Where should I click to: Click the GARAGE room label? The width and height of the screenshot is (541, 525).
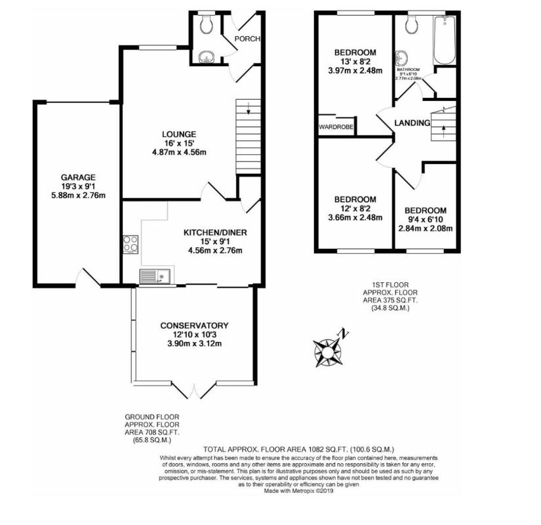click(x=79, y=177)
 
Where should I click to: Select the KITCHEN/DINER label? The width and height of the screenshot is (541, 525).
click(x=215, y=232)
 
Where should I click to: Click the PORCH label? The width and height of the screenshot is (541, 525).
click(x=247, y=39)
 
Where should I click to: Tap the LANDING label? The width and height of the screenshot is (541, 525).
click(x=412, y=123)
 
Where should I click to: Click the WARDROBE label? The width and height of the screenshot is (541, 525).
click(x=336, y=127)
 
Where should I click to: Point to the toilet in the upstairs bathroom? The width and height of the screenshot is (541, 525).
click(x=412, y=25)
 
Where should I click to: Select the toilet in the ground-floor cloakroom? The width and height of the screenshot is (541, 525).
click(x=207, y=25)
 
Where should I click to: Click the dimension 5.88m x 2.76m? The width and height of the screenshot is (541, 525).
click(x=79, y=195)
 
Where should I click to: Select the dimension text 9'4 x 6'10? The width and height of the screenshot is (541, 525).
click(x=424, y=219)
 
